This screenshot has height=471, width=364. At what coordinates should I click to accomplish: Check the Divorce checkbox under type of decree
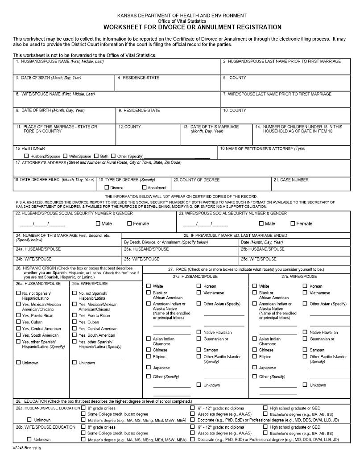coord(107,188)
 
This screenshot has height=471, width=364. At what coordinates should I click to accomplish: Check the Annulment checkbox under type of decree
coord(144,188)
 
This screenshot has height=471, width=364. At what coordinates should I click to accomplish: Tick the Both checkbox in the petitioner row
coord(96,156)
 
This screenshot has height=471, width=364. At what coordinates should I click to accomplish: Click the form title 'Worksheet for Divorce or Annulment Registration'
coord(192,27)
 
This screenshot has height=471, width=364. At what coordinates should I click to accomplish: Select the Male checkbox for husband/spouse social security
coord(98,223)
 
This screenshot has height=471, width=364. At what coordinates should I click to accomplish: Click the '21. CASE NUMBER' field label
coord(291,180)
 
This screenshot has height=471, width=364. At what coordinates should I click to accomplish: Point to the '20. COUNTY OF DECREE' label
coord(196,180)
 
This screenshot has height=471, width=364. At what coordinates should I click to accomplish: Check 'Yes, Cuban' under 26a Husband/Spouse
coord(18,322)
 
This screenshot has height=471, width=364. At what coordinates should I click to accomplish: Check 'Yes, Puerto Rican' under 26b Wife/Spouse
coord(74,315)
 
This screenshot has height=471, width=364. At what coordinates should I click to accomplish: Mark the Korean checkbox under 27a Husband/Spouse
coord(199,286)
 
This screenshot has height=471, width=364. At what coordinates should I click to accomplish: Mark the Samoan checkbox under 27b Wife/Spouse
coord(305,350)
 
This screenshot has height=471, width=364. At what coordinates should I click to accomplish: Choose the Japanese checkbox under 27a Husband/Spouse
coord(149,368)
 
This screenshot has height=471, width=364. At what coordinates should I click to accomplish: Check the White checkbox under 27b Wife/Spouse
coord(255,286)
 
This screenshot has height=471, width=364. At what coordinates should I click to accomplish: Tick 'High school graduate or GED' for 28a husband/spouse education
coord(265,408)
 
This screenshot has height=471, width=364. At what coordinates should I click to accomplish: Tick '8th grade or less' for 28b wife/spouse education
coord(83,427)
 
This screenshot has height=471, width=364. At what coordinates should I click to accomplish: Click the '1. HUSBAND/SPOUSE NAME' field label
coord(59,61)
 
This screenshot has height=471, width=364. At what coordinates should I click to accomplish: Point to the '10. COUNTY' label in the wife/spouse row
coord(234,110)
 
